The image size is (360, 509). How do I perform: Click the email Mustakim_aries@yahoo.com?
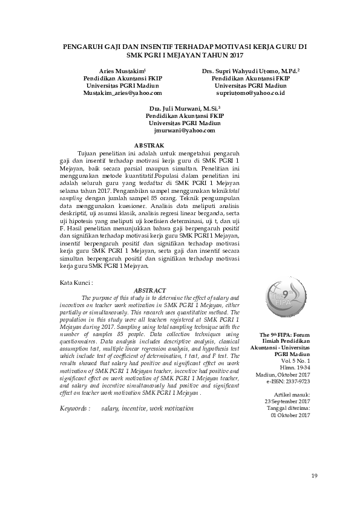122,94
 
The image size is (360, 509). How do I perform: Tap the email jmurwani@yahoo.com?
185,130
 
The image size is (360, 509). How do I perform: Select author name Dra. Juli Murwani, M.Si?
184,107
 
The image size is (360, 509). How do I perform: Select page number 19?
314,476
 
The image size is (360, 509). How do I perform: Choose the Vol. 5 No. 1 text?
293,360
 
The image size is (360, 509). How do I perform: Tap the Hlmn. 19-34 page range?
293,367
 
